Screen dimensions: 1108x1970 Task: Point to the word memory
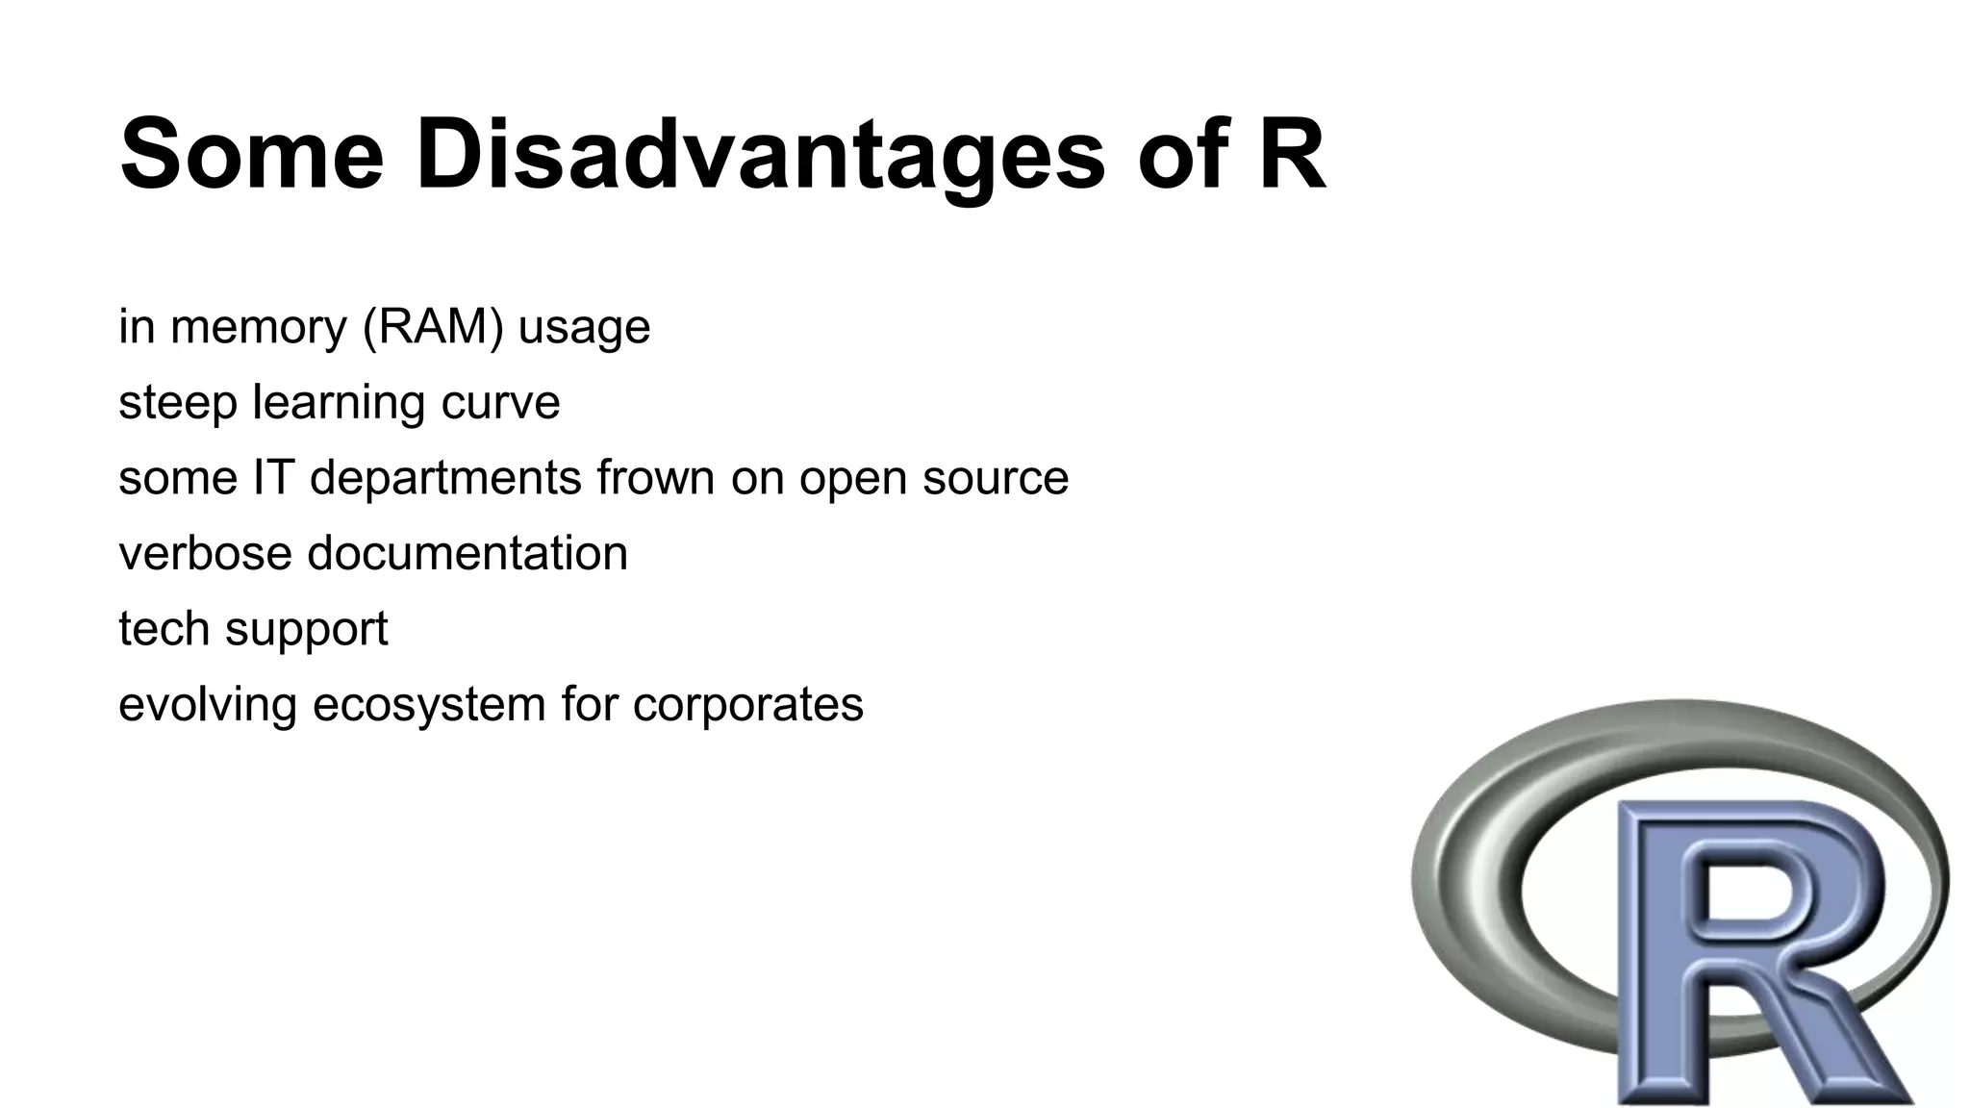pyautogui.click(x=258, y=327)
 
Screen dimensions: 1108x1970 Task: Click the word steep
pyautogui.click(x=177, y=403)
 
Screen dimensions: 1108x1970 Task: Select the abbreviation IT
pyautogui.click(x=273, y=477)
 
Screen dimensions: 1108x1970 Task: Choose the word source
pyautogui.click(x=996, y=478)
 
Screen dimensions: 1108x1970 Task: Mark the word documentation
pyautogui.click(x=467, y=553)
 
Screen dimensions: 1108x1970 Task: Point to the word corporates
pyautogui.click(x=748, y=705)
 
